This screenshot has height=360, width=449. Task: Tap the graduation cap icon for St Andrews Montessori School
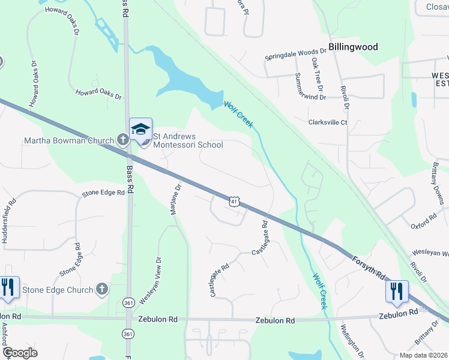click(140, 129)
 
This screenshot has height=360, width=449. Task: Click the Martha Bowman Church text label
click(68, 141)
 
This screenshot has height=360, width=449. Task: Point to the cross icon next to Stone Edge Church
click(102, 290)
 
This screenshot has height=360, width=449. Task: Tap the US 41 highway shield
click(235, 202)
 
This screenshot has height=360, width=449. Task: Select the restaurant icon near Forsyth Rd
click(397, 292)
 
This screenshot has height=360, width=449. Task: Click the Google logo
click(20, 353)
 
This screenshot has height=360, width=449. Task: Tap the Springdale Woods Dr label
click(296, 58)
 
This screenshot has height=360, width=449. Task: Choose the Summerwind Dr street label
click(311, 86)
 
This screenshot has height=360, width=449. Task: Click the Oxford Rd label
click(423, 222)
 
